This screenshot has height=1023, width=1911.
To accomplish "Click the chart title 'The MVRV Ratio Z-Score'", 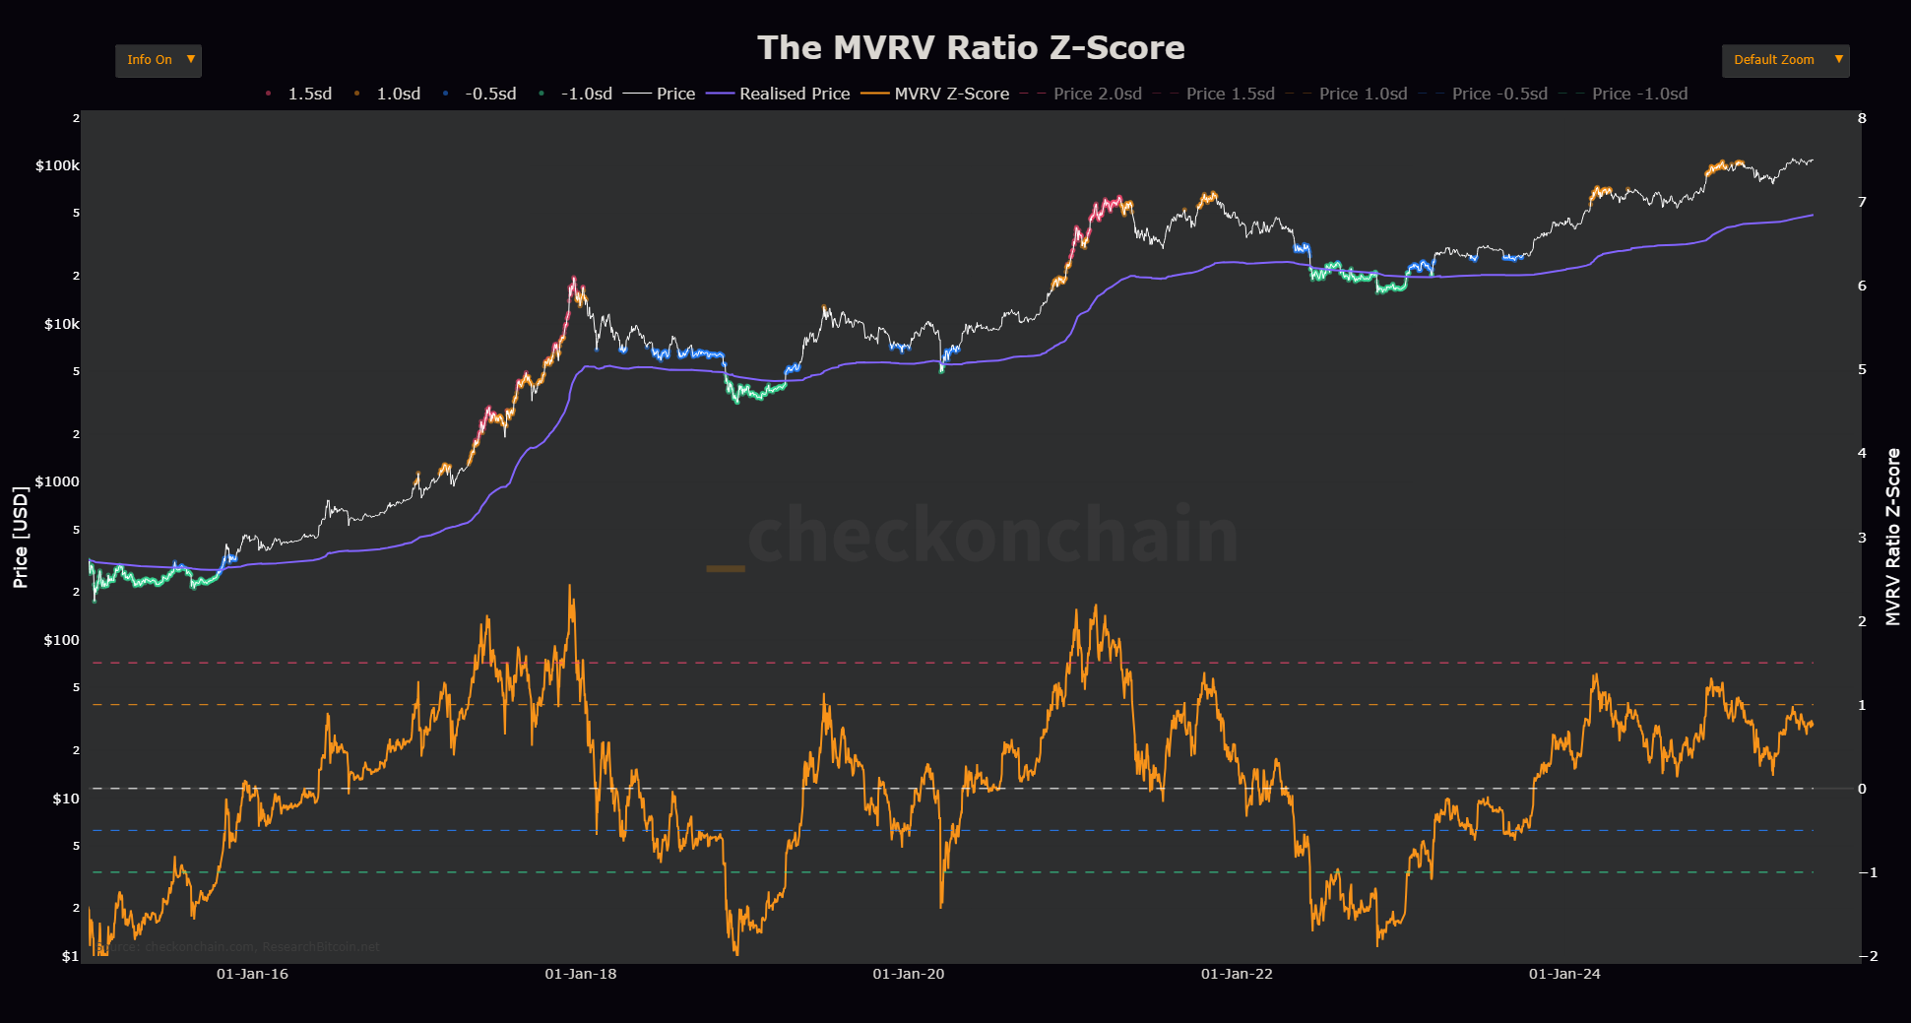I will (970, 47).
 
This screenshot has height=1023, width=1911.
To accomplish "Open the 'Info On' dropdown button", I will (158, 60).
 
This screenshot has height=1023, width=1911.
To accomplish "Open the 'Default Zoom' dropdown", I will (1784, 60).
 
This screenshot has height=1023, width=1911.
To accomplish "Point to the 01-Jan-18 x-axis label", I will (581, 974).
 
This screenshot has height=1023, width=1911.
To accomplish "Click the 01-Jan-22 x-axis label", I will (1237, 974).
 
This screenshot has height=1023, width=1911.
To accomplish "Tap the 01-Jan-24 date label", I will (1564, 974).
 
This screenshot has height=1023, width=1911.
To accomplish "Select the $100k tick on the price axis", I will (57, 165).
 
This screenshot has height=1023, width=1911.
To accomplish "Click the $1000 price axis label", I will (57, 481).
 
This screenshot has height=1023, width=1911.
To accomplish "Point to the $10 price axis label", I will (65, 799).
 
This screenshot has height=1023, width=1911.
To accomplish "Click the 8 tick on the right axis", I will (1862, 118).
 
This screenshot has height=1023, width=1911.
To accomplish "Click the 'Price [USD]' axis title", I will (21, 537).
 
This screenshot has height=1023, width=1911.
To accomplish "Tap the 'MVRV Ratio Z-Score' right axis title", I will (1892, 537).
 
